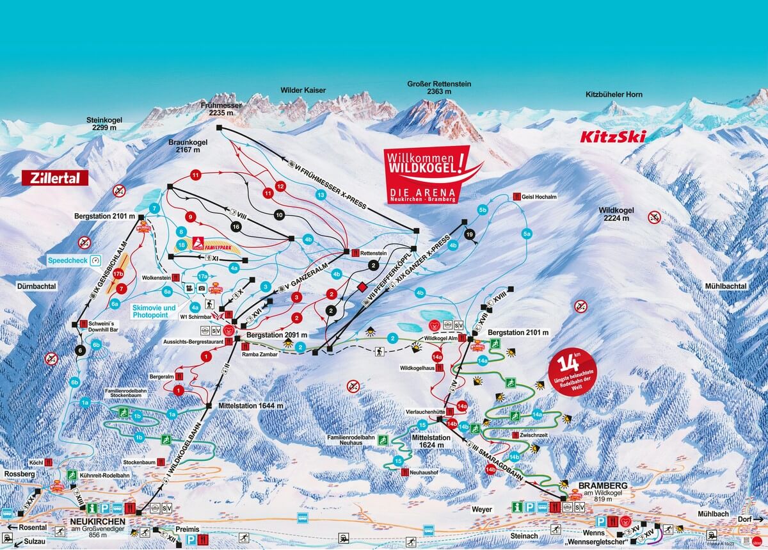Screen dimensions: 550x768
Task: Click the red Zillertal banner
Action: pos(54,178)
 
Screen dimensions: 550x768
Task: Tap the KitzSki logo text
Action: pos(612,136)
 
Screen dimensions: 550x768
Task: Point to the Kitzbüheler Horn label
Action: pos(614,95)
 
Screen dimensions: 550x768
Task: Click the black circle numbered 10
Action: pos(278,216)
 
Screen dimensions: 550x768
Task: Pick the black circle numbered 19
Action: pos(470,235)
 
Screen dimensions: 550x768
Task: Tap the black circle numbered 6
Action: pos(80,350)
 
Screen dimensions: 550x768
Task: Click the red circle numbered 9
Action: pos(189,216)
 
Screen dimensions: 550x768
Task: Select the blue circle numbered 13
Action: pos(321,194)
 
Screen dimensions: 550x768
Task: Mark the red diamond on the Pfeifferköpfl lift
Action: pos(362,286)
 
